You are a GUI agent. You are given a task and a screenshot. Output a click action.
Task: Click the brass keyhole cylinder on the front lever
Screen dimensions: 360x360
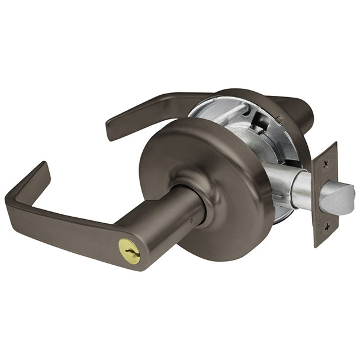tap(130, 251)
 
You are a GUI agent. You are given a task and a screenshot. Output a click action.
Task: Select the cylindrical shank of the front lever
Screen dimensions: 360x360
tap(172, 225)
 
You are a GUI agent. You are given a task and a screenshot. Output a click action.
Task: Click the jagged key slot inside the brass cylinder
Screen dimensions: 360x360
tap(130, 252)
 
